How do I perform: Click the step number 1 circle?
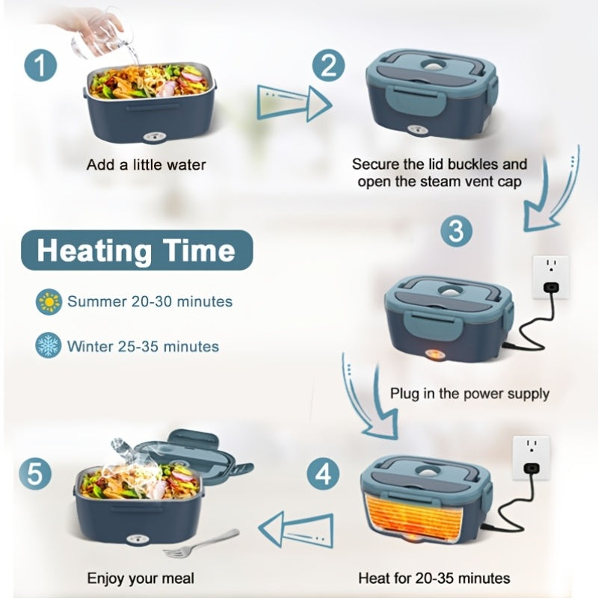(x=40, y=65)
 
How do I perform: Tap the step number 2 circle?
(x=328, y=66)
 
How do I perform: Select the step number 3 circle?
(x=457, y=231)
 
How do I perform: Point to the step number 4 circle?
(x=324, y=474)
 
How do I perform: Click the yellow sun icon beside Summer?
(x=49, y=302)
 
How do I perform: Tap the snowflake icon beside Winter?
(x=48, y=345)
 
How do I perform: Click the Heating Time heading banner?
(x=137, y=250)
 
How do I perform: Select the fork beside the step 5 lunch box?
(x=201, y=543)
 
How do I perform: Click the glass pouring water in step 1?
(x=100, y=38)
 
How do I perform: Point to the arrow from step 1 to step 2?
(x=294, y=104)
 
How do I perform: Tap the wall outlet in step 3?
(x=551, y=277)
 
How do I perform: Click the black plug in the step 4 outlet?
(x=531, y=468)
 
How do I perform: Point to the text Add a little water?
(x=146, y=165)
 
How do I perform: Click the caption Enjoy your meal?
(x=141, y=578)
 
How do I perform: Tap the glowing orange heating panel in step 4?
(x=414, y=516)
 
